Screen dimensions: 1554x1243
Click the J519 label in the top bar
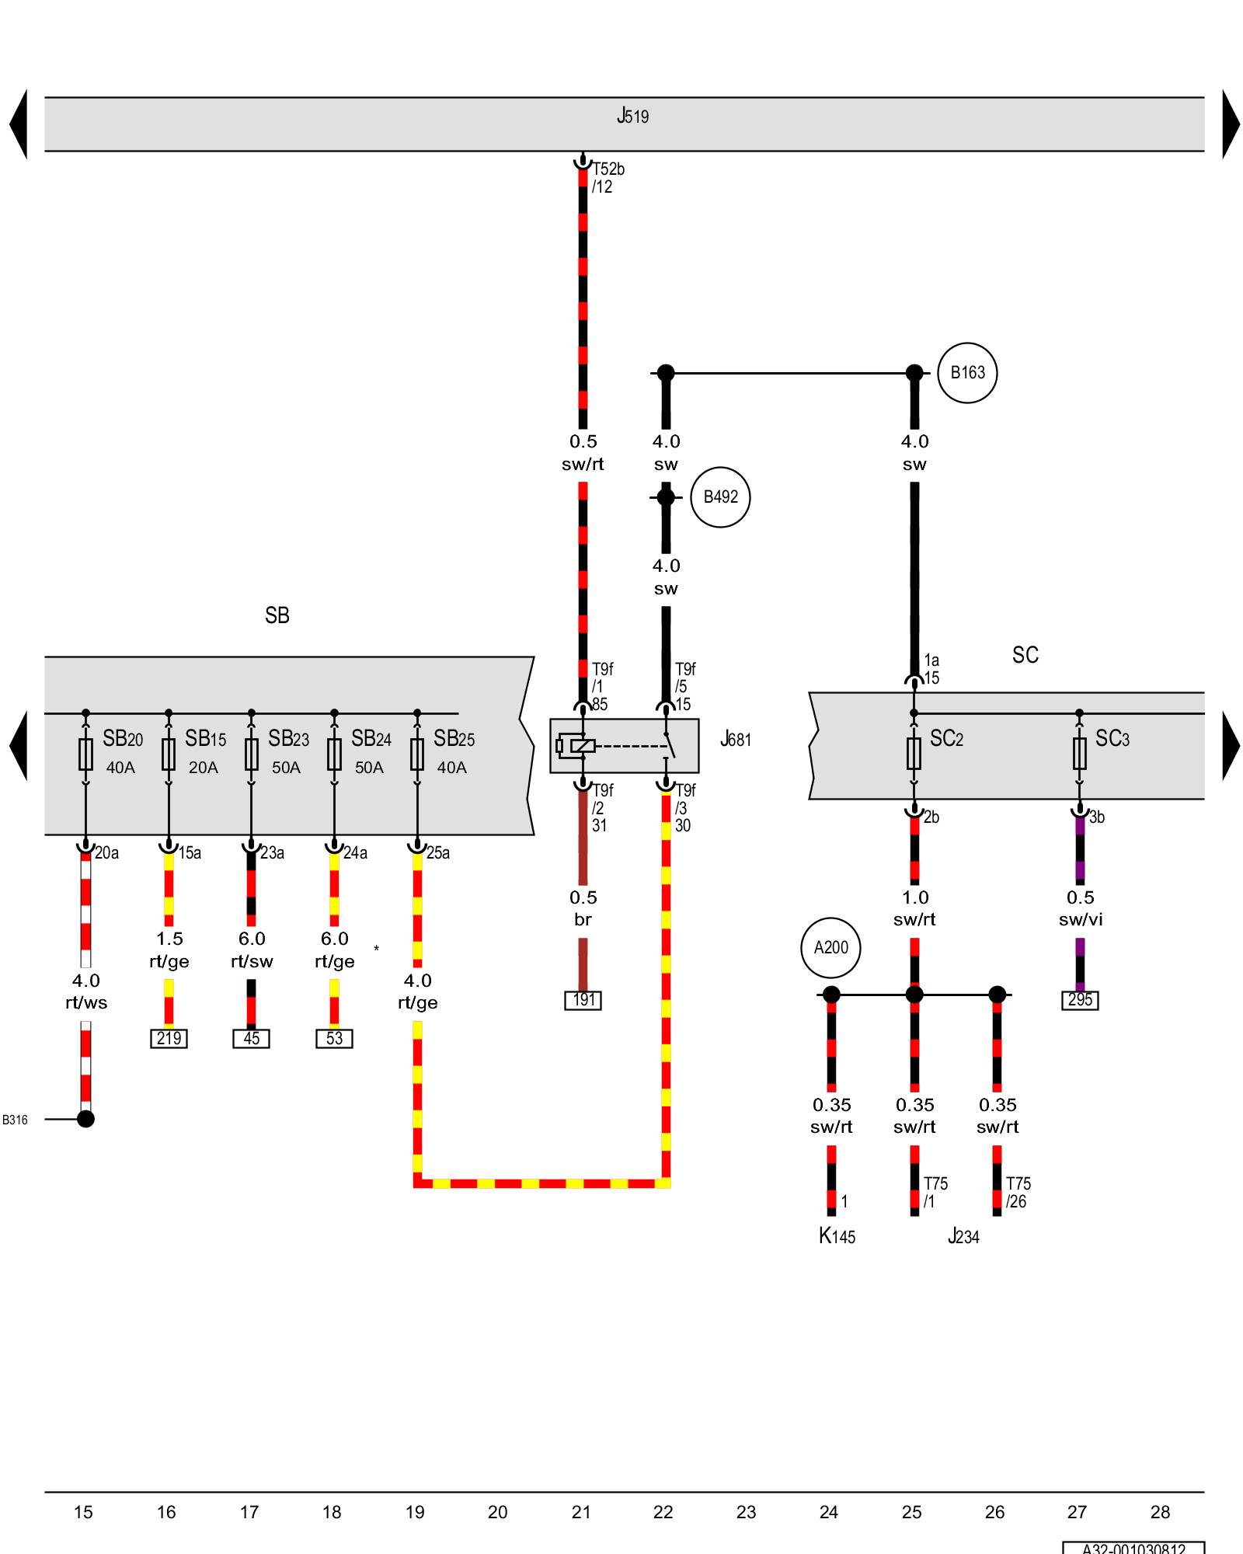632,117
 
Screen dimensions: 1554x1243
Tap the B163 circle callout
967,373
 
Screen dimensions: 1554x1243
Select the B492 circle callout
720,497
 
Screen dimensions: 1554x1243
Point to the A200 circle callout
830,948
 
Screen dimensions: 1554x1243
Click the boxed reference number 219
169,1039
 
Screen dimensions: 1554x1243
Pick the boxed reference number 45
251,1039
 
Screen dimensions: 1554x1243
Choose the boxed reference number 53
334,1039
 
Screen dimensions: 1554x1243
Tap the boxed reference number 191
583,1000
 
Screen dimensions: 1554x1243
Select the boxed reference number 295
1080,1000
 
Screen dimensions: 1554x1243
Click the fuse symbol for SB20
85,754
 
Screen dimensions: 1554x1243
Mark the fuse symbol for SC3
1079,753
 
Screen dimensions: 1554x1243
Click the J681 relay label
735,739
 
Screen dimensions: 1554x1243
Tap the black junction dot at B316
85,1119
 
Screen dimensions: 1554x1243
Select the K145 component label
837,1236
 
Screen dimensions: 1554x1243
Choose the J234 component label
963,1236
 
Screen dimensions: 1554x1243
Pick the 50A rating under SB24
369,768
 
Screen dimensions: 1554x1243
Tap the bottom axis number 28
1160,1512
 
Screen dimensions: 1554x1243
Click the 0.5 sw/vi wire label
1080,908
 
